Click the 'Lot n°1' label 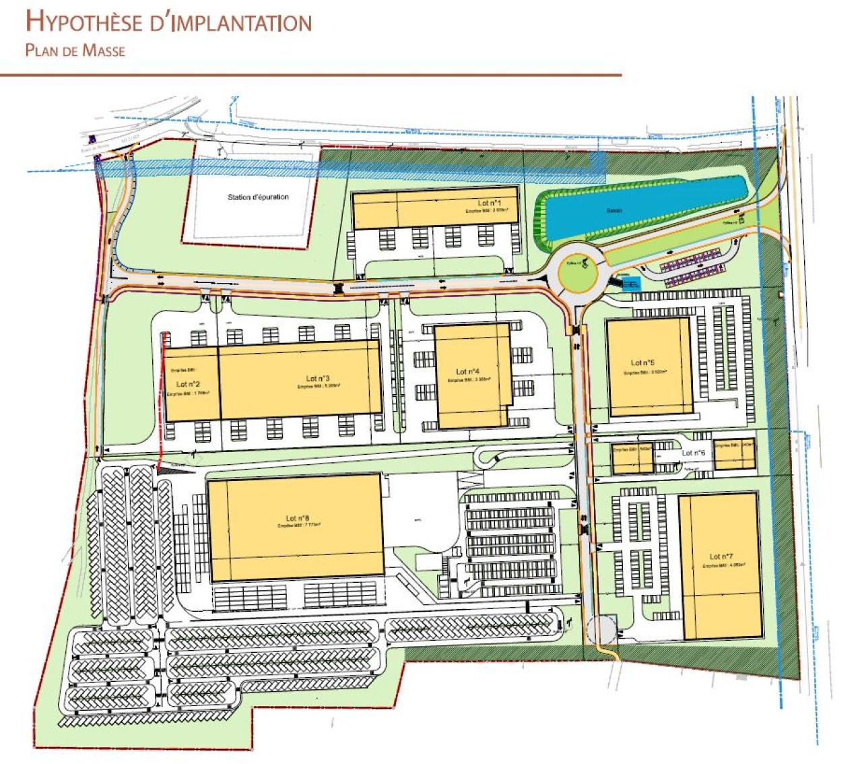tap(489, 203)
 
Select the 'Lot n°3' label tap(317, 379)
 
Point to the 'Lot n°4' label tap(467, 371)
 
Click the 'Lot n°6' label tap(693, 453)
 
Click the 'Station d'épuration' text tap(257, 197)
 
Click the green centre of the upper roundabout tap(577, 273)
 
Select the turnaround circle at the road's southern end tap(600, 631)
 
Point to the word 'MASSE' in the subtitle tap(104, 50)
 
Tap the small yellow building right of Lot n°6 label tap(734, 455)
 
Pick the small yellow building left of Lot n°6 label tap(632, 459)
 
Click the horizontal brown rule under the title tap(310, 75)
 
